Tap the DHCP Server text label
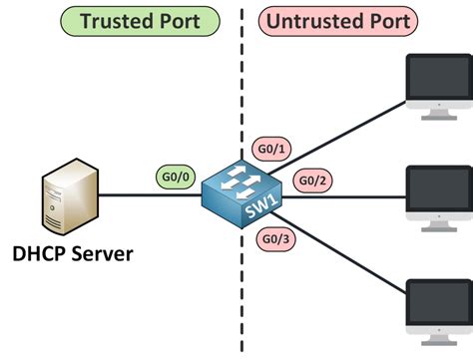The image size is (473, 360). point(72,255)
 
